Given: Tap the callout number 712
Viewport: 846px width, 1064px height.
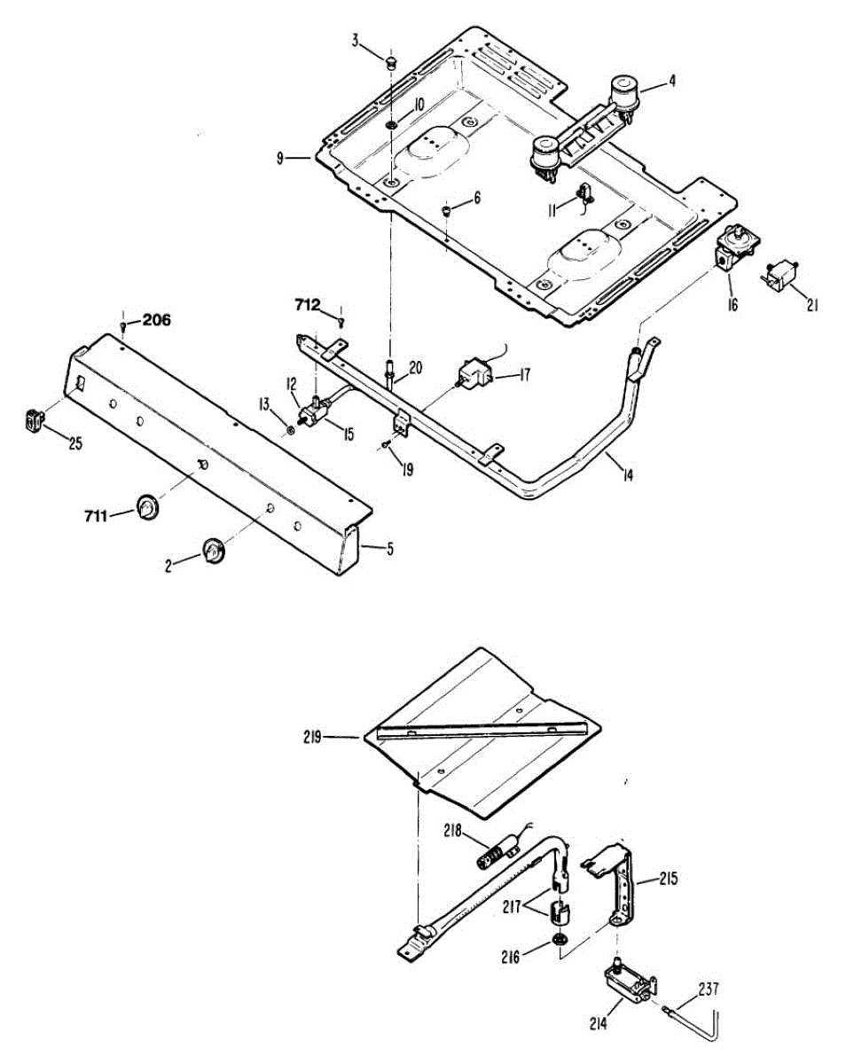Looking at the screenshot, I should point(309,305).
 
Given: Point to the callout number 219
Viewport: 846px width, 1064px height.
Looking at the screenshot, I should point(310,735).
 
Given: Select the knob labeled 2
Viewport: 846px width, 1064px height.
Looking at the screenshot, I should point(214,550).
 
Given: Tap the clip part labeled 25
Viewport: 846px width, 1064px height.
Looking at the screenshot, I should point(35,419).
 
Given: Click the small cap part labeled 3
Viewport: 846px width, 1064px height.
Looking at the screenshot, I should point(391,60).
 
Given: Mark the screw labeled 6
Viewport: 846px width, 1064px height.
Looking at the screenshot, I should point(447,210).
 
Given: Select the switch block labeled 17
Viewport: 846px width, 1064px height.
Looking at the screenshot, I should point(474,374).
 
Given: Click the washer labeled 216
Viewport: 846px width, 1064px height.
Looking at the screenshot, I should point(560,939).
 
